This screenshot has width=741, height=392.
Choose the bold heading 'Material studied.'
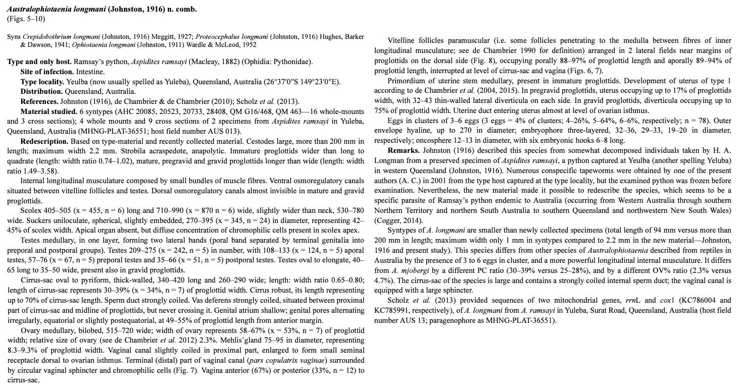point(48,111)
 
